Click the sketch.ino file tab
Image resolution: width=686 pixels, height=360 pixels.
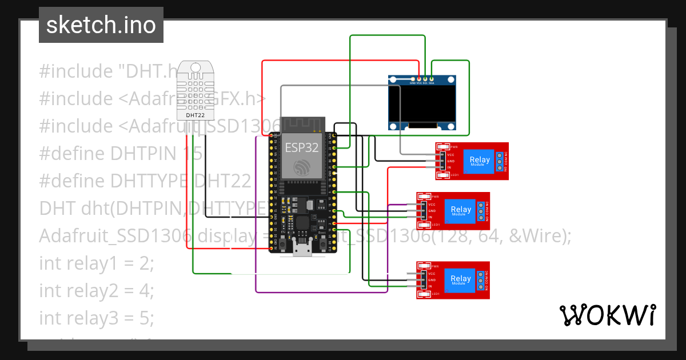point(101,25)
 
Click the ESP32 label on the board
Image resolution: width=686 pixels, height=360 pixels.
point(297,147)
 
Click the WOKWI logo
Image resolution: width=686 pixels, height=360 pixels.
point(607,315)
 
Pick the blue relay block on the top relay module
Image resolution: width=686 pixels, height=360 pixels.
point(479,161)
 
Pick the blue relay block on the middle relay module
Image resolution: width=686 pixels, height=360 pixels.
point(461,210)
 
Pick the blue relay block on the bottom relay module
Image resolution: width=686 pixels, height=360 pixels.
point(461,280)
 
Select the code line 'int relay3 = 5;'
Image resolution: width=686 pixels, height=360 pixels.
point(97,318)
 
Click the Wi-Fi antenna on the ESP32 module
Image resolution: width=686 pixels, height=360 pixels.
point(302,123)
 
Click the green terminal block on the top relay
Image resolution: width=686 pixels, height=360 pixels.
point(500,161)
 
